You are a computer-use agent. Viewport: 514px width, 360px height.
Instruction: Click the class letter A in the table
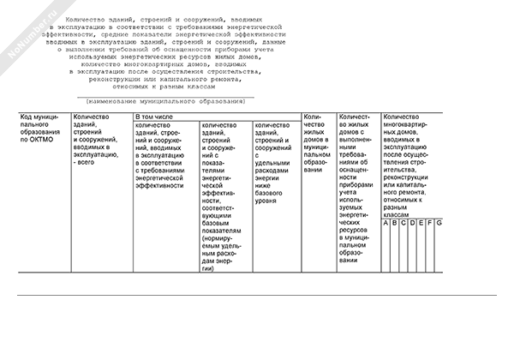(x=386, y=224)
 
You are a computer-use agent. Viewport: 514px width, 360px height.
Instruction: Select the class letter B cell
(x=395, y=224)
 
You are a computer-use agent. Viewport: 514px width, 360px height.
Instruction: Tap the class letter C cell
(x=403, y=224)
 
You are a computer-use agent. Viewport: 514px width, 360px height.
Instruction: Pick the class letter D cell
(x=412, y=224)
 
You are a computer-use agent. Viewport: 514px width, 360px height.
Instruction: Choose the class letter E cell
(x=421, y=224)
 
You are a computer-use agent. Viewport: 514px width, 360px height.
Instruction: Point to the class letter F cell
(x=429, y=224)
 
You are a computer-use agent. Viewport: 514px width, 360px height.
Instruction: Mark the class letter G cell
(x=439, y=224)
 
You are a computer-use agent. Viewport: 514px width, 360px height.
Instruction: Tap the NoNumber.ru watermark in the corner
(x=26, y=26)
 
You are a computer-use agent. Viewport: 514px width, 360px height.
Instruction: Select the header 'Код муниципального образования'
(x=42, y=128)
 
